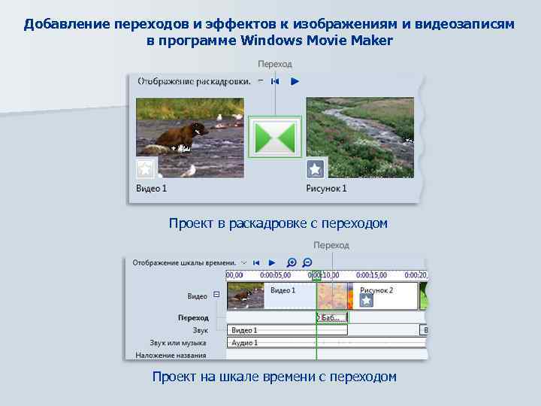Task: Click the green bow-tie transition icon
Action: click(274, 137)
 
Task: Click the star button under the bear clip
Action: click(145, 168)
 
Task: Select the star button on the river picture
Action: click(316, 168)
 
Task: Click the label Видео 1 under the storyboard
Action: click(152, 188)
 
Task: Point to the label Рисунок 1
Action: click(326, 188)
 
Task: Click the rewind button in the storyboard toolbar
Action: click(276, 80)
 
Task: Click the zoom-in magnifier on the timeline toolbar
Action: click(292, 262)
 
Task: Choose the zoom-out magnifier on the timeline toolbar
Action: click(307, 262)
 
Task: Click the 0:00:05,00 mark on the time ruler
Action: click(274, 275)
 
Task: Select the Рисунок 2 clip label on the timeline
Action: click(376, 290)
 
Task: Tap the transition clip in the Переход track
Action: click(331, 317)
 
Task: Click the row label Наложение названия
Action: click(171, 355)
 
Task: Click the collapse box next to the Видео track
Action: click(216, 295)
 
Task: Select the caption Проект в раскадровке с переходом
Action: click(278, 223)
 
